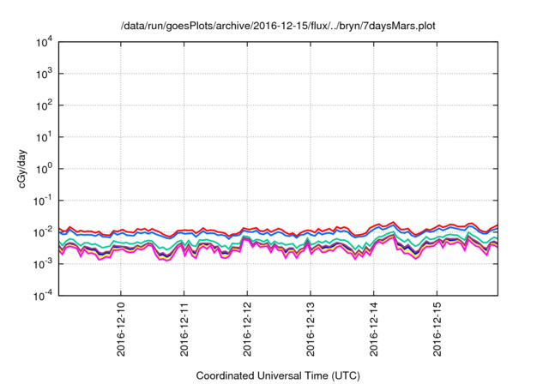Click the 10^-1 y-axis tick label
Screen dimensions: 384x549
point(41,200)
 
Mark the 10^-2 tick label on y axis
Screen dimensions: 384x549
point(41,231)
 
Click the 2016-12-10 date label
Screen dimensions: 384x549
point(121,329)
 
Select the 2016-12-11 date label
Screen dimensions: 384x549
point(184,329)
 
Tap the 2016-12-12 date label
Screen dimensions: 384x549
point(248,329)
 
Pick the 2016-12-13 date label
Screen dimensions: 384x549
point(311,329)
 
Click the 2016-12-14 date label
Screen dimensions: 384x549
point(374,329)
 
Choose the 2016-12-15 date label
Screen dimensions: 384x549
point(437,329)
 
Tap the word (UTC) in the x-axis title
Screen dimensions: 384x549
point(347,375)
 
